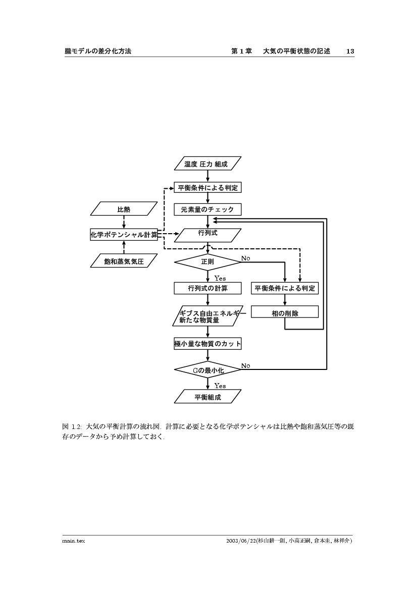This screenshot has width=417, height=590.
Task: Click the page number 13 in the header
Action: [x=350, y=51]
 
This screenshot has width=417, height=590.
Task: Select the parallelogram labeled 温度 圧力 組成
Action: [x=207, y=164]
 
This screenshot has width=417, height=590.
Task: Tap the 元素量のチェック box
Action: [x=207, y=209]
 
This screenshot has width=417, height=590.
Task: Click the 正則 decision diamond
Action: [x=207, y=262]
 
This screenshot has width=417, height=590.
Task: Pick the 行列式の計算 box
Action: [x=207, y=288]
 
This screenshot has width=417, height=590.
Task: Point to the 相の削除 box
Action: [x=285, y=313]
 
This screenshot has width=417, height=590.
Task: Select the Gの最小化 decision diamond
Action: [x=207, y=370]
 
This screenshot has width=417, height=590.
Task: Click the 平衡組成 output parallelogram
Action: [x=207, y=397]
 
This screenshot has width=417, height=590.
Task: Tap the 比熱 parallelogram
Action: [x=124, y=209]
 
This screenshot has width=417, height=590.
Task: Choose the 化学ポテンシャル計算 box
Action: [x=124, y=234]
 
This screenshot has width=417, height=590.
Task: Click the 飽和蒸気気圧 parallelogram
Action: [x=124, y=261]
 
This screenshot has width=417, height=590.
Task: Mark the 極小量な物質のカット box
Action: [x=207, y=344]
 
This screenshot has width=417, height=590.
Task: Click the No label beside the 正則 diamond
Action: [x=246, y=258]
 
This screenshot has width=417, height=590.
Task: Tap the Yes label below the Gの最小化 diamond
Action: [x=220, y=386]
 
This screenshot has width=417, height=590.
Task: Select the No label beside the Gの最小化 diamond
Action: [x=246, y=365]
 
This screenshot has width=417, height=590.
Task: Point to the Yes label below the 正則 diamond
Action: [x=220, y=278]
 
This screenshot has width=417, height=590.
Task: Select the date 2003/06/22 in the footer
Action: [x=242, y=541]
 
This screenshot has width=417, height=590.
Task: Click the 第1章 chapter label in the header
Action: [x=241, y=51]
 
